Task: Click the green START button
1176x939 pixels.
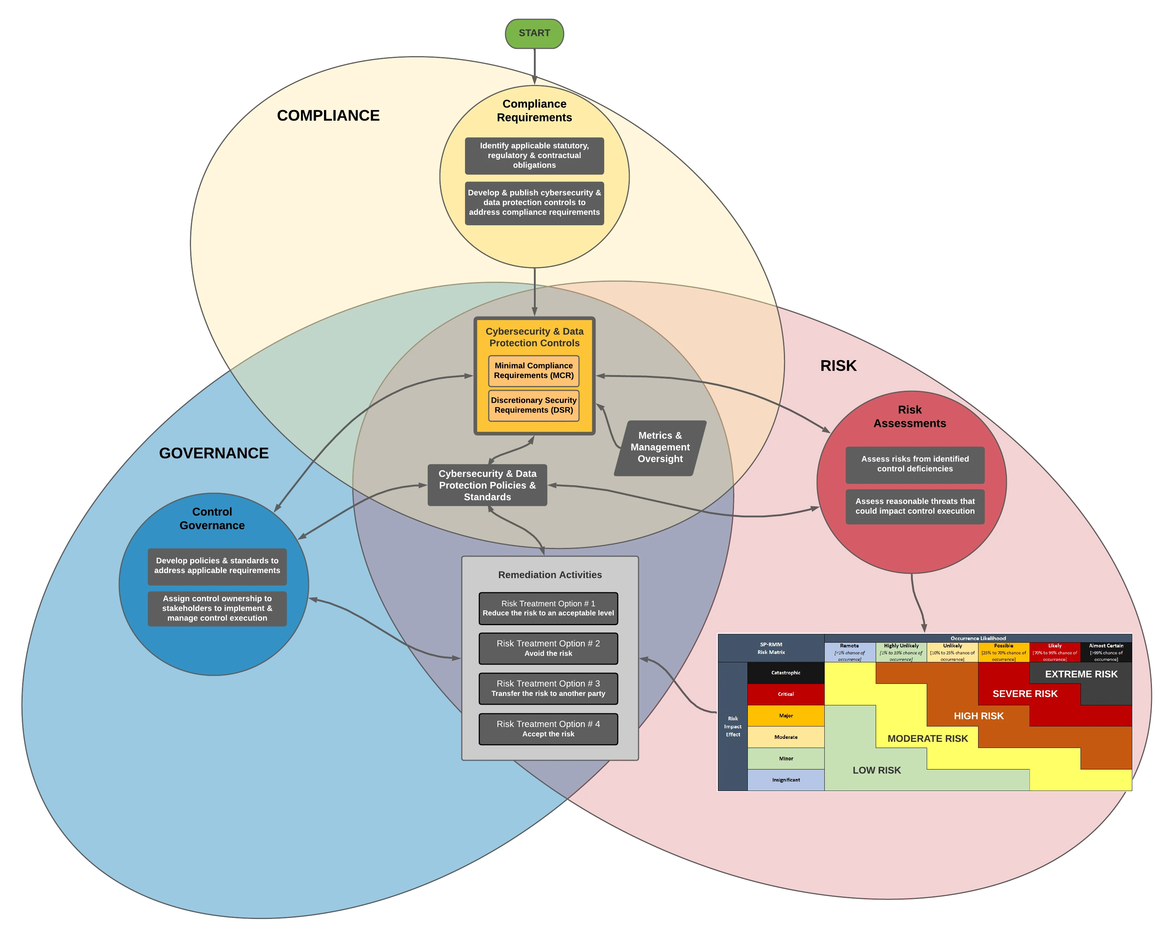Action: pyautogui.click(x=534, y=33)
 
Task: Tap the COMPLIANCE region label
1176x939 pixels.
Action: pyautogui.click(x=328, y=116)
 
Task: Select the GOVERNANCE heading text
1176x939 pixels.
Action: pyautogui.click(x=214, y=453)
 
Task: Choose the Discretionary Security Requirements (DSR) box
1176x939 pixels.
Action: pyautogui.click(x=534, y=405)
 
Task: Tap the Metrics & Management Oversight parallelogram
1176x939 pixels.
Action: pyautogui.click(x=660, y=447)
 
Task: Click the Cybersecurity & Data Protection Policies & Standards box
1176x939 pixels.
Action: pyautogui.click(x=487, y=485)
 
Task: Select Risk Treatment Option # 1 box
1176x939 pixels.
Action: pyautogui.click(x=548, y=608)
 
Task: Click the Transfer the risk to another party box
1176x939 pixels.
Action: pyautogui.click(x=548, y=689)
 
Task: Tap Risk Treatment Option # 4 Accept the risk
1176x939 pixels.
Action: pyautogui.click(x=548, y=729)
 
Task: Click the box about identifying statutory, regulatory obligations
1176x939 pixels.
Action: pyautogui.click(x=534, y=156)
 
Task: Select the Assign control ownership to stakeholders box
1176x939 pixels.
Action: pyautogui.click(x=217, y=608)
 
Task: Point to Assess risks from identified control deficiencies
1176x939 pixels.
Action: pyautogui.click(x=915, y=464)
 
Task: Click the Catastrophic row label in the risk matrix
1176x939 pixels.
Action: pyautogui.click(x=785, y=673)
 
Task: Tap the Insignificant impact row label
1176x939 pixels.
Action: pyautogui.click(x=785, y=780)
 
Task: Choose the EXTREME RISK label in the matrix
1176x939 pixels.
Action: pyautogui.click(x=1081, y=674)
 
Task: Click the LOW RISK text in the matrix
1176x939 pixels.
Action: pyautogui.click(x=876, y=770)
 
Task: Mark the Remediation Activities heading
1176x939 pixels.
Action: pyautogui.click(x=550, y=575)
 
